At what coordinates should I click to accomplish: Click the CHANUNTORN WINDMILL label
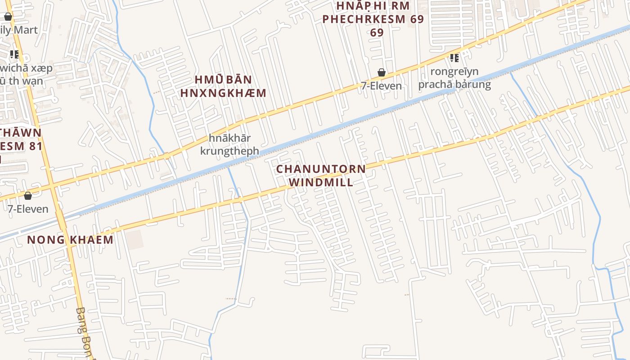coord(321,175)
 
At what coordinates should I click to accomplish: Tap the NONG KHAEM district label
coord(70,239)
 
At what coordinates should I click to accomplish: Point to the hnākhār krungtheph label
coord(229,144)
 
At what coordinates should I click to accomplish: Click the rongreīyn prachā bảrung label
coord(454,78)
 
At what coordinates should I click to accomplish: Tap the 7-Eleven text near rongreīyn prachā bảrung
coord(381,86)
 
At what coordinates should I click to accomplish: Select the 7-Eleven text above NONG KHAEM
coord(28,209)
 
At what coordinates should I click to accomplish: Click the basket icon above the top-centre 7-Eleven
coord(382,72)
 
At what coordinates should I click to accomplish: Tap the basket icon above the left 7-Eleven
coord(28,196)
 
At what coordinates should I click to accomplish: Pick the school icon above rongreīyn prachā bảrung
coord(454,58)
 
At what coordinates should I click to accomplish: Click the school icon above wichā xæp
coord(14,54)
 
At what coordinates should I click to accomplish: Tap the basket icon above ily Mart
coord(8,17)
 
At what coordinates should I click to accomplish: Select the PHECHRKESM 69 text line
coord(373,19)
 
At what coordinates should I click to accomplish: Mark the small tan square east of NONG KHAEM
coord(134,239)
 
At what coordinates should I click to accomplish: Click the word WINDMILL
coord(321,182)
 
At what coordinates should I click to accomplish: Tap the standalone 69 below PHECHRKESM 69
coord(377,32)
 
